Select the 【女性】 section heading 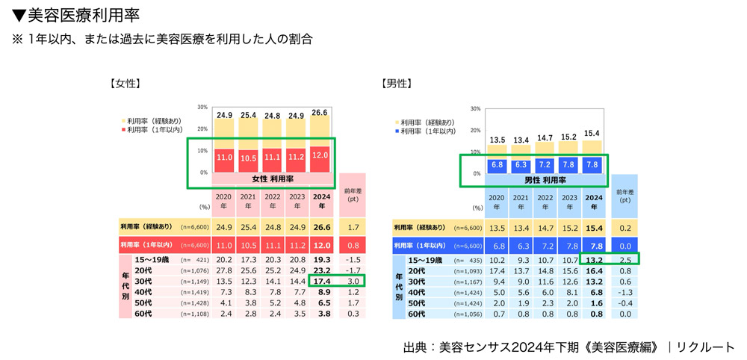point(125,84)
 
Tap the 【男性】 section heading point(396,84)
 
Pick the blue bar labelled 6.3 point(521,165)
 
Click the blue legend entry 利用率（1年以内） point(427,131)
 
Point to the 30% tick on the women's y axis point(202,108)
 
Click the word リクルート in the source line point(706,347)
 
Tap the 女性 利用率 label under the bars point(272,179)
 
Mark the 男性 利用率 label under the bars point(545,180)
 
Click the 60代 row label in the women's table point(143,314)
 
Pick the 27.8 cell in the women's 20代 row point(223,270)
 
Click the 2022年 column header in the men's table point(545,202)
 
